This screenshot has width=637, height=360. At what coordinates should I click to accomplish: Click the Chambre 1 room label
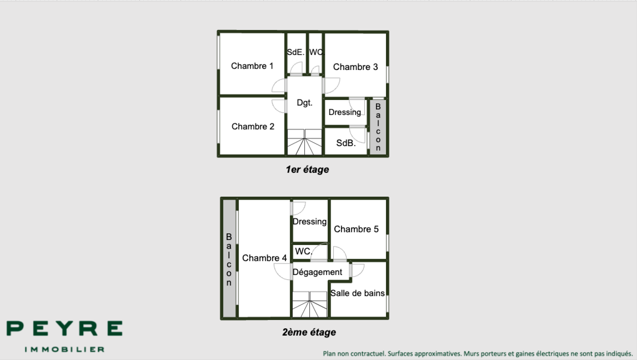[252, 66]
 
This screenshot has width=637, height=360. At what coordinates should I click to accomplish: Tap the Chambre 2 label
[253, 127]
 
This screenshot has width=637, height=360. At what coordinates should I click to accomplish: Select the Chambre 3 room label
[355, 67]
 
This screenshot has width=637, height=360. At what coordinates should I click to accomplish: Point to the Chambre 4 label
[264, 258]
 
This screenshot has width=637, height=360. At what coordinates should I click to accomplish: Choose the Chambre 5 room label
[356, 229]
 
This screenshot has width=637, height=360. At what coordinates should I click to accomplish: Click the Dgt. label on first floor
[305, 103]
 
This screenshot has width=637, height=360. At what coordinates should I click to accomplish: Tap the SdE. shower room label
[295, 52]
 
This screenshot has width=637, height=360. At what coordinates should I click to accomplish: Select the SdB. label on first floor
[346, 143]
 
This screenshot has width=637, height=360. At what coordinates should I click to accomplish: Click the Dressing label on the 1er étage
[345, 112]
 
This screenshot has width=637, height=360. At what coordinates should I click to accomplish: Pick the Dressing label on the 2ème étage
[309, 222]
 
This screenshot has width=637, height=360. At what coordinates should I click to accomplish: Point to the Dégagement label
[317, 272]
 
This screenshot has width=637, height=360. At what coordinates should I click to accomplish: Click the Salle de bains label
[357, 293]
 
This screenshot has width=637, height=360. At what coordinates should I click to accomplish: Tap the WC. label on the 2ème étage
[303, 251]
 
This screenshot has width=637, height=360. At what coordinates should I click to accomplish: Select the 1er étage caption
[307, 170]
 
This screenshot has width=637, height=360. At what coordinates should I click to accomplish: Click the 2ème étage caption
[309, 332]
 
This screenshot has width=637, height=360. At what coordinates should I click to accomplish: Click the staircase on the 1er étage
[304, 142]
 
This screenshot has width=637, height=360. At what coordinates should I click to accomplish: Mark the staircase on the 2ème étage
[309, 304]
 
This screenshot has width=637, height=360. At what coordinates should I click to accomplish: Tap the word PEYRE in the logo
[65, 329]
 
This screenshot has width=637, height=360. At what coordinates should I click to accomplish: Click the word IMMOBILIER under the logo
[65, 349]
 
